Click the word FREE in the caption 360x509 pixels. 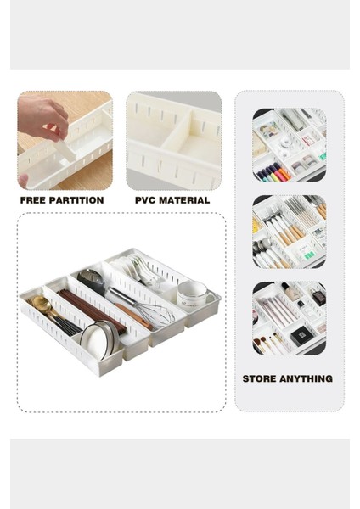[35, 201]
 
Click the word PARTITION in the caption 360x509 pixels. [76, 201]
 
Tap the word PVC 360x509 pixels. [146, 201]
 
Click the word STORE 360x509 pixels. [260, 379]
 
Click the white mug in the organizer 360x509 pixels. [195, 294]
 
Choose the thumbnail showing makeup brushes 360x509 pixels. [290, 318]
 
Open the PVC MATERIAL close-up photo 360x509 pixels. [174, 141]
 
